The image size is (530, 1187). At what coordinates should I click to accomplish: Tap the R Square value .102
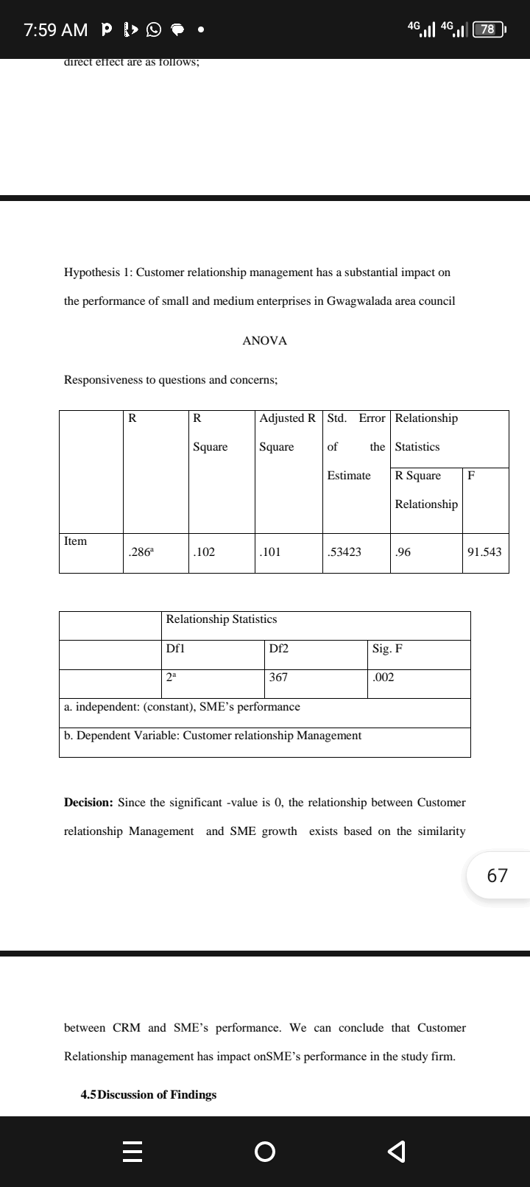tap(204, 552)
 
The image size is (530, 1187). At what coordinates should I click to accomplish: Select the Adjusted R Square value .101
tap(270, 552)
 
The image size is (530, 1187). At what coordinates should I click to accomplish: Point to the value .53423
tap(344, 552)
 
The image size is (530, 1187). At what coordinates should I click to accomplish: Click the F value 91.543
tap(484, 552)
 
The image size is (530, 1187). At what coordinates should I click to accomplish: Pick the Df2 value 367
tap(278, 677)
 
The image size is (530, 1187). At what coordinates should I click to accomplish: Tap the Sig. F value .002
tap(384, 677)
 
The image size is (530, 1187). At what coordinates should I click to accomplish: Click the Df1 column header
tap(175, 649)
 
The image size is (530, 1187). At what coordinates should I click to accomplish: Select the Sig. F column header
tap(387, 649)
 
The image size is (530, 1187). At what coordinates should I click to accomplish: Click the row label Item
tap(76, 541)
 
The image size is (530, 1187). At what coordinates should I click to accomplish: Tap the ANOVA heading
tap(264, 341)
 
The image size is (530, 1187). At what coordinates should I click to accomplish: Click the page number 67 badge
tap(498, 876)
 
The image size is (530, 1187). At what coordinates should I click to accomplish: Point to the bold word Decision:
tap(88, 802)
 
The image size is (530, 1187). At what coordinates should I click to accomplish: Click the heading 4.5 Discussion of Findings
tap(149, 1094)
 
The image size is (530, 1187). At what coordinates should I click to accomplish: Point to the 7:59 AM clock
tap(55, 29)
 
